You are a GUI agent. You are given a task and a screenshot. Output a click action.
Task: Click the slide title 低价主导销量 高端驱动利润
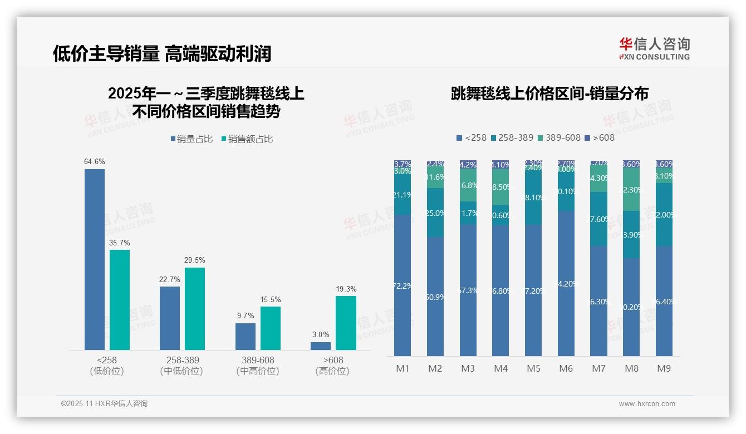162,53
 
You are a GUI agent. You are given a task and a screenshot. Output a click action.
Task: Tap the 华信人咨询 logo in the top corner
654,48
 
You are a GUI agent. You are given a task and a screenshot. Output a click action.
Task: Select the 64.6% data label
95,162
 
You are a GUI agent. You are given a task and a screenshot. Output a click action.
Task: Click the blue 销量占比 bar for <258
95,259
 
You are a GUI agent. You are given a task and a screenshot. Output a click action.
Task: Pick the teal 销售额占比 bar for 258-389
195,309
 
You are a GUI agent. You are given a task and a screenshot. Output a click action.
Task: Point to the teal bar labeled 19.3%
346,323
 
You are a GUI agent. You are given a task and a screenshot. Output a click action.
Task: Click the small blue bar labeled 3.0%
321,346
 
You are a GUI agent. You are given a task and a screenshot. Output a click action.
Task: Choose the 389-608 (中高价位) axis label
258,366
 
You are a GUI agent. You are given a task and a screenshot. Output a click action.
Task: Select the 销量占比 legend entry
192,139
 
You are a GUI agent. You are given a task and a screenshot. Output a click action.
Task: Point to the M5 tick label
533,368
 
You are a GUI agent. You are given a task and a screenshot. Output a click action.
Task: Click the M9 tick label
664,368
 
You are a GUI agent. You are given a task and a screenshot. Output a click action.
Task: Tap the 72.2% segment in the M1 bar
402,285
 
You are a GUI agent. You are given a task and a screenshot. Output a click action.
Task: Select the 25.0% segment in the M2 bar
435,213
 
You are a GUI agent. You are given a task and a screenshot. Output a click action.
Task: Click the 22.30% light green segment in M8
631,189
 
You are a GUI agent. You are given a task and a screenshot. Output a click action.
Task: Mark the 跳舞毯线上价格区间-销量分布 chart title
549,93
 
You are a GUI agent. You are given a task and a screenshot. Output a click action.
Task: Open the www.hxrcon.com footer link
647,404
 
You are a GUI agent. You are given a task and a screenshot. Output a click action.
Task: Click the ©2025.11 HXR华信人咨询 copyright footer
104,404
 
